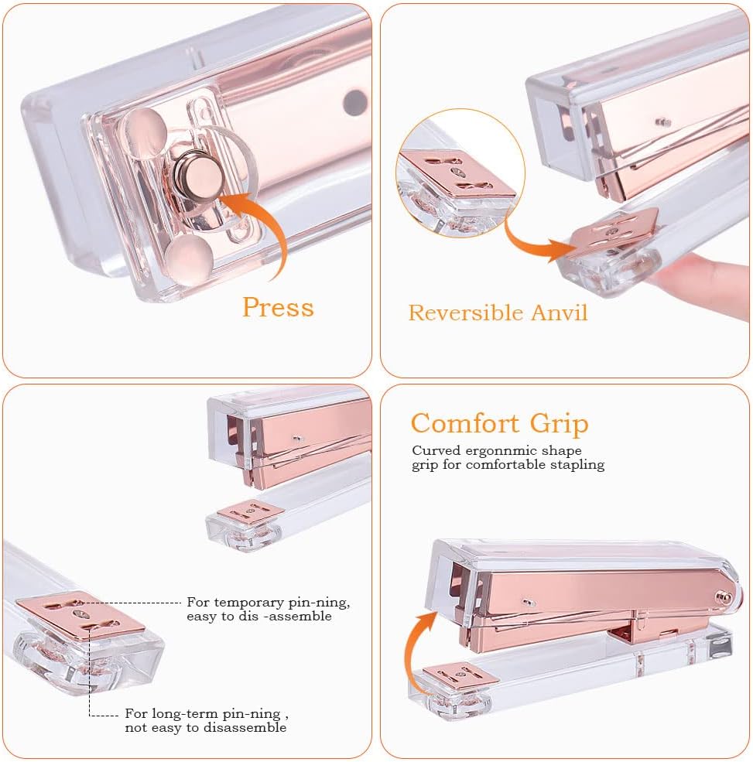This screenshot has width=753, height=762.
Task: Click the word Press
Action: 278,307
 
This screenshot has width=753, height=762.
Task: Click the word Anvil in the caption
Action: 559,313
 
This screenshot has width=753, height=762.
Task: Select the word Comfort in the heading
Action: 465,423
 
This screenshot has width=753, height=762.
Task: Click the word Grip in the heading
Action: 559,424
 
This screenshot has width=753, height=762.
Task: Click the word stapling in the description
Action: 577,465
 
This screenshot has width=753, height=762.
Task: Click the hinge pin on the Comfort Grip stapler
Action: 723,596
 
